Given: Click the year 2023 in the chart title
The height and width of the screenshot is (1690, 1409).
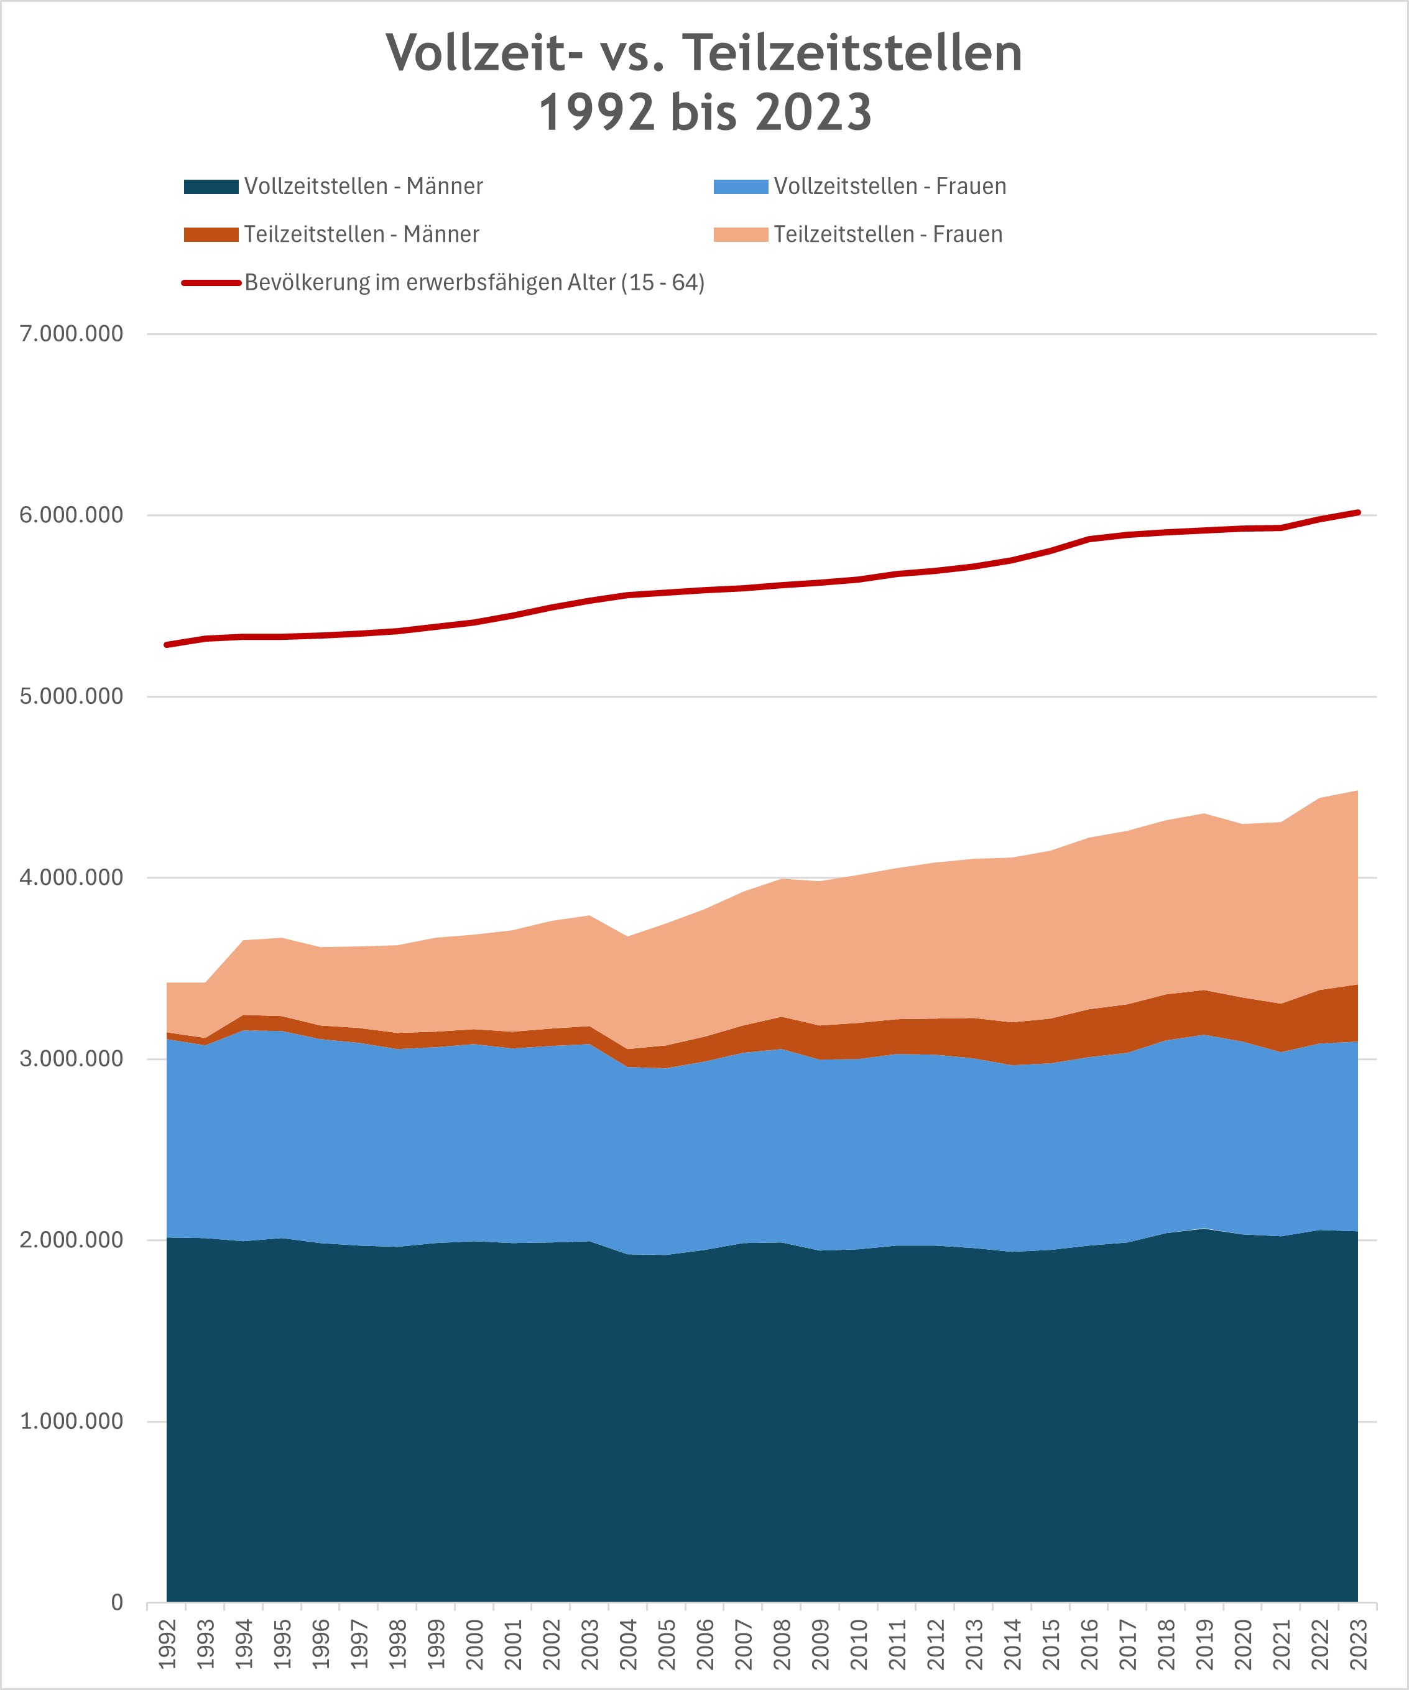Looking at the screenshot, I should pyautogui.click(x=813, y=113).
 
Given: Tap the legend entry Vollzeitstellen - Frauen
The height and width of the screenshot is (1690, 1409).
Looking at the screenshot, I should pyautogui.click(x=890, y=187).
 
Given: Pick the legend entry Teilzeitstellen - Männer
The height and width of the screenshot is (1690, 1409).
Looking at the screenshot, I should pyautogui.click(x=361, y=235).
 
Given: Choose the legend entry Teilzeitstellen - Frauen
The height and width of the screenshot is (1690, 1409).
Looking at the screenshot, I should pyautogui.click(x=887, y=235).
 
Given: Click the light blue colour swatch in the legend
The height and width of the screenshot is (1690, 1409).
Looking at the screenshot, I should pyautogui.click(x=741, y=187).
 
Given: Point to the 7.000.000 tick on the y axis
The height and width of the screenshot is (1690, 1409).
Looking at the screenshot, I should pyautogui.click(x=72, y=334).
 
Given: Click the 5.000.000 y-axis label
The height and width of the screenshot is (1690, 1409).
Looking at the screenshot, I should pyautogui.click(x=72, y=696).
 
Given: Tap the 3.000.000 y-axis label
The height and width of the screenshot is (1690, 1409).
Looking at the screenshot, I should pyautogui.click(x=72, y=1059).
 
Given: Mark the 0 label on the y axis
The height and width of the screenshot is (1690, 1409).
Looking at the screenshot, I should pyautogui.click(x=117, y=1602).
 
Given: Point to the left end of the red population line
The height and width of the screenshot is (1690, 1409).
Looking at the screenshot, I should pyautogui.click(x=167, y=645).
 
